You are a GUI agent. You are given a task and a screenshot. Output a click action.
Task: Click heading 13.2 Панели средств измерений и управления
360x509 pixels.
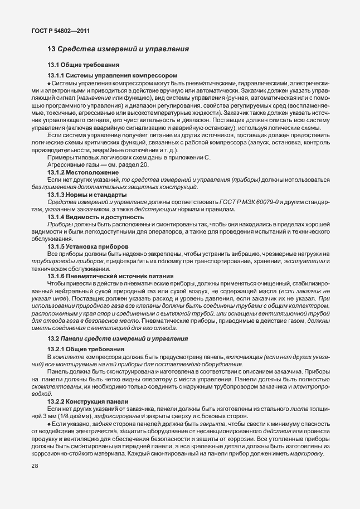pos(117,338)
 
